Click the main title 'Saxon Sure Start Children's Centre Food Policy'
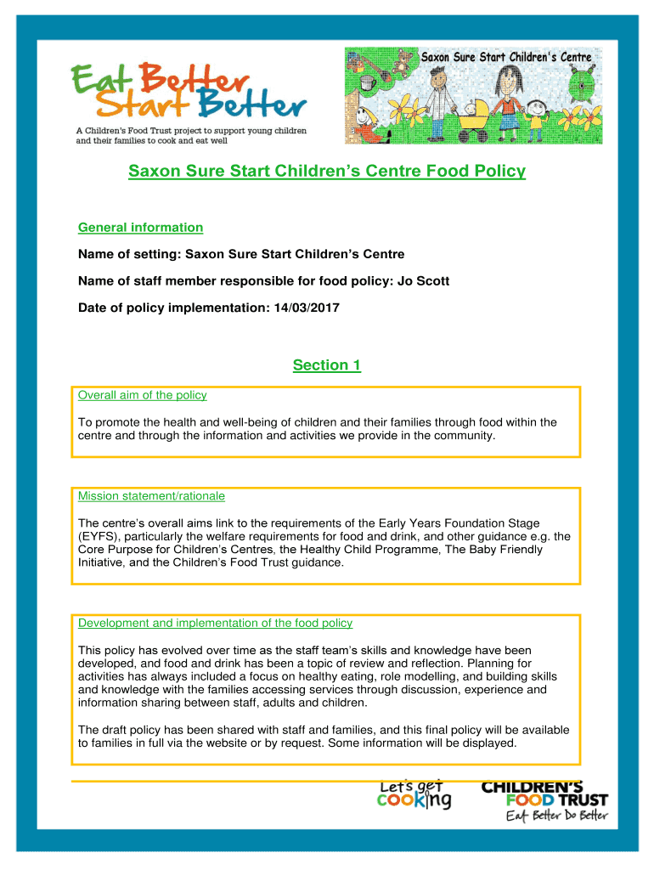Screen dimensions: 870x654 [327, 172]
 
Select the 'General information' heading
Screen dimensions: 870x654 [140, 227]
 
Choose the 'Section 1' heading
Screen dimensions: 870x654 [327, 365]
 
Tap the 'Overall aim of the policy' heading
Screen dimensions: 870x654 [142, 395]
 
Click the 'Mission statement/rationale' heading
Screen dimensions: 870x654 [151, 496]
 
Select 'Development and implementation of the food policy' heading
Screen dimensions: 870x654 [215, 623]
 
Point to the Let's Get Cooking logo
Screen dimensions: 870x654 [414, 795]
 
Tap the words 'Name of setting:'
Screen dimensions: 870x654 [129, 254]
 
